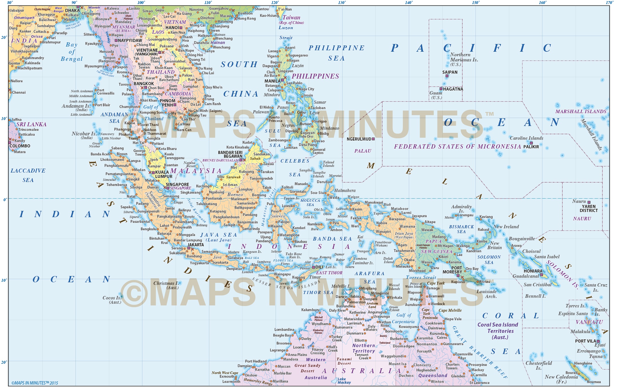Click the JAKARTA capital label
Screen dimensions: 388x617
tap(196, 245)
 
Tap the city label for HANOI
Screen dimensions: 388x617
tap(172, 28)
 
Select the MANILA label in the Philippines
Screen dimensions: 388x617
tap(272, 81)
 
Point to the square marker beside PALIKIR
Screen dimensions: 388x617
tap(531, 143)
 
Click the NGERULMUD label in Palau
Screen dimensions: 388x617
tap(359, 139)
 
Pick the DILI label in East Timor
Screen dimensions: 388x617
tap(319, 267)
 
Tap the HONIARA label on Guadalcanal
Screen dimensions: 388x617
tap(533, 271)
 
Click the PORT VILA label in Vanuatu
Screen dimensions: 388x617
tap(586, 341)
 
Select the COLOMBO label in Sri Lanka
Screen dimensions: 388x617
tap(20, 146)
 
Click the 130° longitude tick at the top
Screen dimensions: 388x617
tap(342, 3)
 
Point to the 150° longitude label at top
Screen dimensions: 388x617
tap(476, 3)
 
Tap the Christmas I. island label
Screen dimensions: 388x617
tap(166, 283)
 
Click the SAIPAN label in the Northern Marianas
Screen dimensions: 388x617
tap(450, 72)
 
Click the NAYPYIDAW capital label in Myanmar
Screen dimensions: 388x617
tap(130, 41)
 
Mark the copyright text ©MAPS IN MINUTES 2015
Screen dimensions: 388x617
tap(35, 383)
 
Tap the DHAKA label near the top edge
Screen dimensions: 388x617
tap(72, 11)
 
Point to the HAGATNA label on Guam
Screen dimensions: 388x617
tap(453, 89)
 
